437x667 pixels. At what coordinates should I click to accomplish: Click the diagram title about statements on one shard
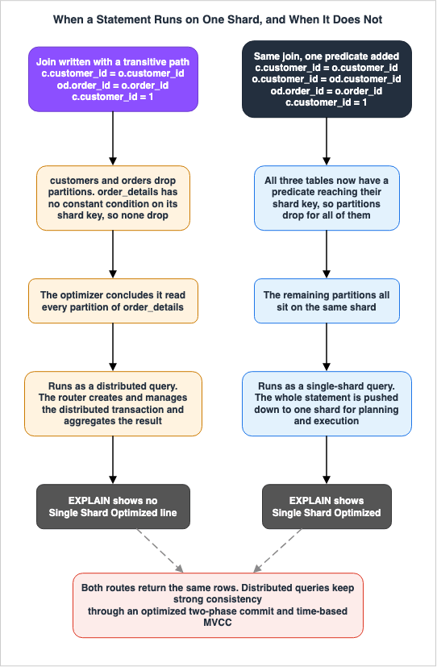click(x=218, y=19)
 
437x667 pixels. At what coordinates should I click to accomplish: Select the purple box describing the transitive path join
click(x=113, y=79)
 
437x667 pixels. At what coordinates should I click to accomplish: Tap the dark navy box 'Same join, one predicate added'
click(x=327, y=79)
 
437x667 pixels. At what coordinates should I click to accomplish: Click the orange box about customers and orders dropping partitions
click(x=113, y=198)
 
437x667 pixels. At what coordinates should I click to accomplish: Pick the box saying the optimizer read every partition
click(x=113, y=301)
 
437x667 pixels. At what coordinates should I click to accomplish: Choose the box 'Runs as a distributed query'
click(x=113, y=404)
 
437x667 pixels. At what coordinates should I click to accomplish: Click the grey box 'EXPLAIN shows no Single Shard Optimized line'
click(x=113, y=507)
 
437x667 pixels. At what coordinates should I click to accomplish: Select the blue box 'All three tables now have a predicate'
click(x=327, y=198)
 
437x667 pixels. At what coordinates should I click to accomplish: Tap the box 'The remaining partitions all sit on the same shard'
click(x=327, y=301)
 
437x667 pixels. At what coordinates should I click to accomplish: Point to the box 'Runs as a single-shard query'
click(x=327, y=404)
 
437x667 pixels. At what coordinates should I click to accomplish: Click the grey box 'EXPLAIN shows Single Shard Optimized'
click(x=327, y=507)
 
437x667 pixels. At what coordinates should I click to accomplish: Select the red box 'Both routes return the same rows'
click(x=218, y=605)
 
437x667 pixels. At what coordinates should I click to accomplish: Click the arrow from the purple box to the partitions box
click(x=113, y=139)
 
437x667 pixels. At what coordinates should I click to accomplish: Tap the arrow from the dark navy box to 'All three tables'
click(x=327, y=142)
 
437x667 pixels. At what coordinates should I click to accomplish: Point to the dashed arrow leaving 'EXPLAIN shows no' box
click(x=160, y=550)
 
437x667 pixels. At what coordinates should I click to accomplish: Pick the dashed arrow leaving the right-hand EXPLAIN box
click(x=277, y=550)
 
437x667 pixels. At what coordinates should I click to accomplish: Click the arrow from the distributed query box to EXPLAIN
click(x=113, y=460)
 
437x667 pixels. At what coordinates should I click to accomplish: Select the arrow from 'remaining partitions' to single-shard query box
click(x=327, y=347)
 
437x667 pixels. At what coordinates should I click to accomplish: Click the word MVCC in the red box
click(x=218, y=623)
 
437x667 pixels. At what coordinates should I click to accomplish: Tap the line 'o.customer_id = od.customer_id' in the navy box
click(x=327, y=79)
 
